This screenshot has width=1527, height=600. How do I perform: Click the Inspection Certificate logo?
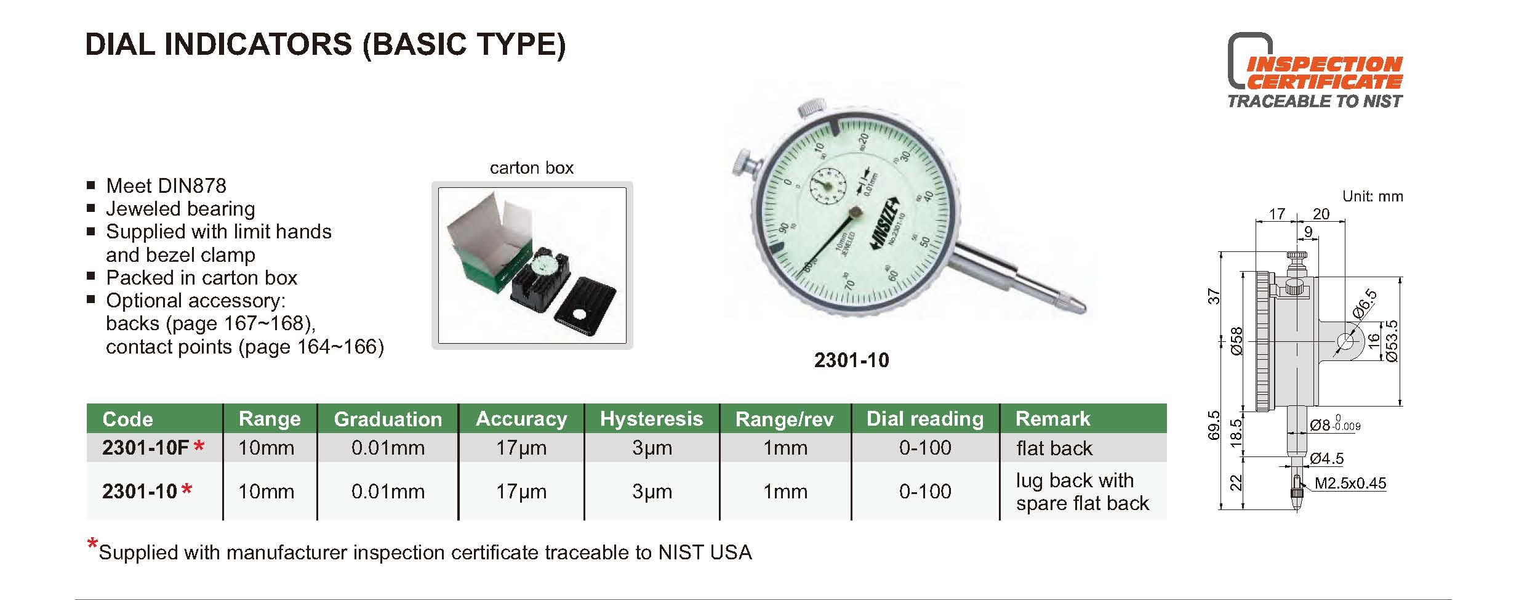[x=1315, y=71]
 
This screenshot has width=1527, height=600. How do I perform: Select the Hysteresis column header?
[x=651, y=419]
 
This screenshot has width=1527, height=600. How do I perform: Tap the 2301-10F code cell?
[x=153, y=448]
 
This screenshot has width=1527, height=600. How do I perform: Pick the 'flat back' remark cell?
[x=1054, y=448]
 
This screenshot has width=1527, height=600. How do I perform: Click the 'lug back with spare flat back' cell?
[x=1083, y=492]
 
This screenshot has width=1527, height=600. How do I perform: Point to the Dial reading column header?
[x=925, y=419]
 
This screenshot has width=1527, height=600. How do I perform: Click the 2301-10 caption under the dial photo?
[x=852, y=360]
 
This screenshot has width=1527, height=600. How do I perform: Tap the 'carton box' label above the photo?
[x=532, y=168]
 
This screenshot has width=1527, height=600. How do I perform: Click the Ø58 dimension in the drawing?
[x=1236, y=341]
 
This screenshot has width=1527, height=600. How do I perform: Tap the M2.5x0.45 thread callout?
[x=1350, y=484]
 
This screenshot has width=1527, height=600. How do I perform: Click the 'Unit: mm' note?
[x=1373, y=197]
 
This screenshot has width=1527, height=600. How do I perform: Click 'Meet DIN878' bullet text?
[x=166, y=185]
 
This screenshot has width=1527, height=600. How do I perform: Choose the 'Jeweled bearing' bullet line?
[x=180, y=209]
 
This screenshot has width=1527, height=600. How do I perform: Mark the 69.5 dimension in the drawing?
[x=1213, y=425]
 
